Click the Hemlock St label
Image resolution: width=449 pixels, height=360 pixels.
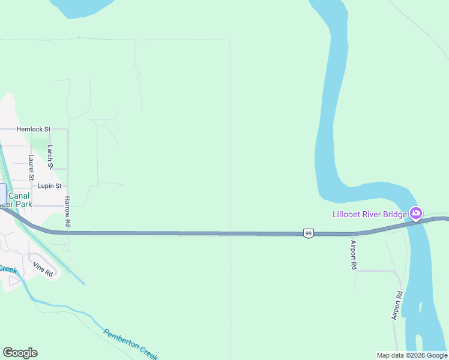[34, 129]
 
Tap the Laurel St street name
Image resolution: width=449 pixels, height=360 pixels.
[31, 167]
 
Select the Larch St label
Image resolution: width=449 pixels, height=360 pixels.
[50, 157]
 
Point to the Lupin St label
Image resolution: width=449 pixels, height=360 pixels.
[50, 186]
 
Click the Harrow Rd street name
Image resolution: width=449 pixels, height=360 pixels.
[68, 211]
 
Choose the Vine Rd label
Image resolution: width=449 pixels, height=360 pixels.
[43, 269]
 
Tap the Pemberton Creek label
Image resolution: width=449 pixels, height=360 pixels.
[130, 344]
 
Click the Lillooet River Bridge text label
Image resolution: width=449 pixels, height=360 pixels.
[370, 214]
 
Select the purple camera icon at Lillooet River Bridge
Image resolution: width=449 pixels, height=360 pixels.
[415, 213]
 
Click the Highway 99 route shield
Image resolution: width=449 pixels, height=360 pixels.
[308, 233]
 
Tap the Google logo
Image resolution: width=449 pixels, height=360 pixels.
[20, 353]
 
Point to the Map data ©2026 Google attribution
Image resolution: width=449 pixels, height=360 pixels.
[412, 355]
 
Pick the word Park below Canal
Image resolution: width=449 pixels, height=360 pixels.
[24, 204]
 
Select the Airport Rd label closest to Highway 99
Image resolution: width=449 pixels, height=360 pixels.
[354, 255]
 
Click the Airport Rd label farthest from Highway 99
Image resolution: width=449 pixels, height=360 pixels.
[398, 306]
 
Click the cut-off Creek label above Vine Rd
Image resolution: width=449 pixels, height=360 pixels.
[8, 269]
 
